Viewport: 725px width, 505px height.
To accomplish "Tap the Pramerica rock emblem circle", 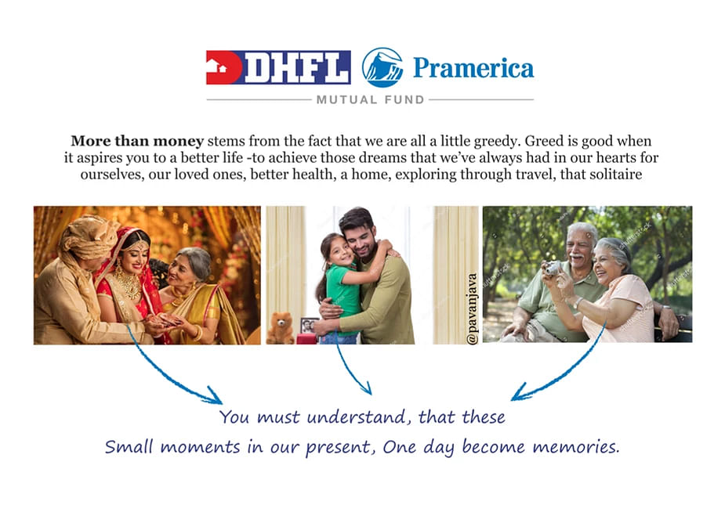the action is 382,67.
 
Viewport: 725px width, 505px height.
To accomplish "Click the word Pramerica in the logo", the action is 473,68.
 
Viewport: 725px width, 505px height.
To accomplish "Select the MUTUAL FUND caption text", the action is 370,99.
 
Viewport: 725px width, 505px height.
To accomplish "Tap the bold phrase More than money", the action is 137,141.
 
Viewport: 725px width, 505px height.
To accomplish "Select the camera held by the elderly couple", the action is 553,268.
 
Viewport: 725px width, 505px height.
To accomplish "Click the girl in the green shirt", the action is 341,287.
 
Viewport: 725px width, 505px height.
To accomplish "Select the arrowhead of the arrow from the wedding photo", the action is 214,396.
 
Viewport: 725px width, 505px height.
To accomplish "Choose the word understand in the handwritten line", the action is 356,417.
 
